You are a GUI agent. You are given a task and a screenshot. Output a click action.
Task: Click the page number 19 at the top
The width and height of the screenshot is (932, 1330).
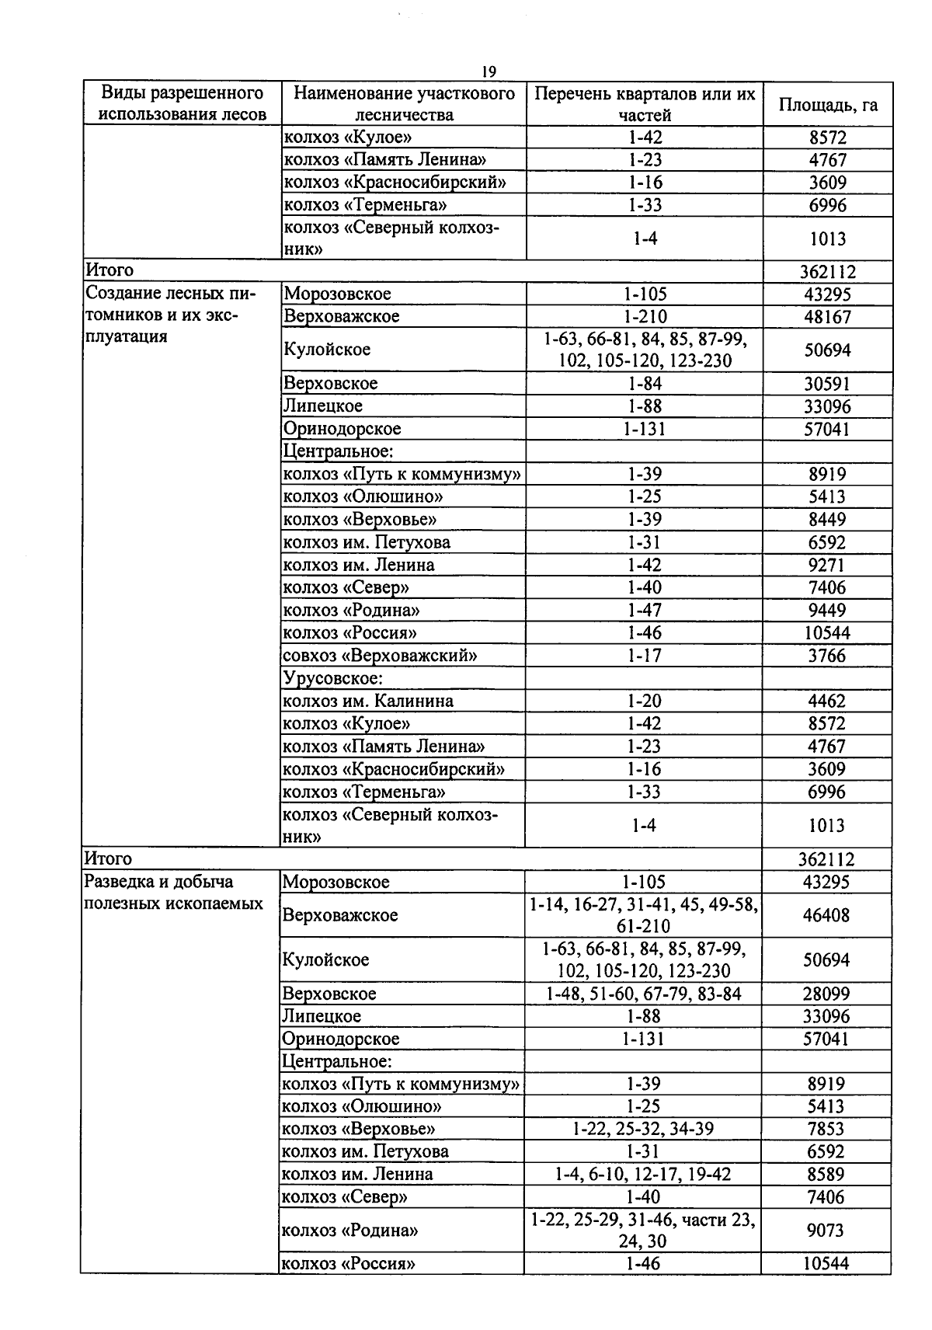[489, 71]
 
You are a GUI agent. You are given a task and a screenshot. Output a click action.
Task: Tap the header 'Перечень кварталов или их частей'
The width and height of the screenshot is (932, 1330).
[645, 105]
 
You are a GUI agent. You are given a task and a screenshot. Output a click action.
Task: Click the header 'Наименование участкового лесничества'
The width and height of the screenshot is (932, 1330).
[404, 105]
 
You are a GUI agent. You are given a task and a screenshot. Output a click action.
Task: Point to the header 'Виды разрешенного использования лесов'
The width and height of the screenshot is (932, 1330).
[183, 104]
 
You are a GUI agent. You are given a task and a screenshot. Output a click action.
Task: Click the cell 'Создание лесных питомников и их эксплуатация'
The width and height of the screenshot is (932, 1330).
[171, 315]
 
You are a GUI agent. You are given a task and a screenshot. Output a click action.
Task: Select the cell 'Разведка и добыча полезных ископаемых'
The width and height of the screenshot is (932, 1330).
[173, 893]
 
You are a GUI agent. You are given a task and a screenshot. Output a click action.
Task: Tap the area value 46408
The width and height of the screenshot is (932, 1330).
[826, 915]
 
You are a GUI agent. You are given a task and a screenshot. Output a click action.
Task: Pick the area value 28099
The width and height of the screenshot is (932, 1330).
[826, 994]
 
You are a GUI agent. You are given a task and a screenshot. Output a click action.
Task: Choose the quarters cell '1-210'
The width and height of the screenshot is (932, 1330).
[645, 317]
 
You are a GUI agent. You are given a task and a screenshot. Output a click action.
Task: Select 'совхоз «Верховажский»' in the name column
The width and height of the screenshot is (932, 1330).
[380, 656]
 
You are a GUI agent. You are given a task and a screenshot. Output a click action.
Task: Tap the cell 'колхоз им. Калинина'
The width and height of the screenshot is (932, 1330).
[367, 701]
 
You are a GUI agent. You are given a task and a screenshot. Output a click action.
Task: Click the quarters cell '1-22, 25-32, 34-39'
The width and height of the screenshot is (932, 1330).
[643, 1129]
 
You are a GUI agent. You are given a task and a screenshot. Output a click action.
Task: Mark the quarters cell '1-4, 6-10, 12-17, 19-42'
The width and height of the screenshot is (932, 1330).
[643, 1174]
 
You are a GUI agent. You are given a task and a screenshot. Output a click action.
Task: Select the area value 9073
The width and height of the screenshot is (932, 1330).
[826, 1231]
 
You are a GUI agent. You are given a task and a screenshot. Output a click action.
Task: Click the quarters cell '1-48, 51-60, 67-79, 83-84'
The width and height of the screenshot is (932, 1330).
[643, 994]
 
